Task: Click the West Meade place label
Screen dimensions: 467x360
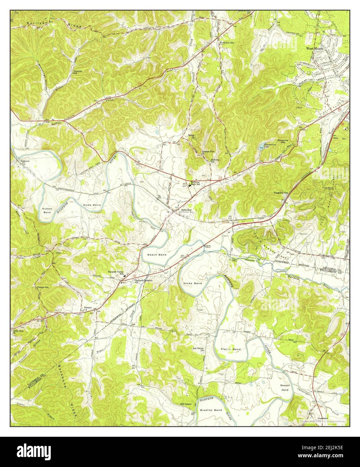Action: [315, 48]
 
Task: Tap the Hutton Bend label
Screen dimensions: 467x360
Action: [47, 210]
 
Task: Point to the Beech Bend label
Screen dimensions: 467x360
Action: [157, 255]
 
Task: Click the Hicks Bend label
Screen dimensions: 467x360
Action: [193, 284]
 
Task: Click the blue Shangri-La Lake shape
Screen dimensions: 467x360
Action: [261, 146]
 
